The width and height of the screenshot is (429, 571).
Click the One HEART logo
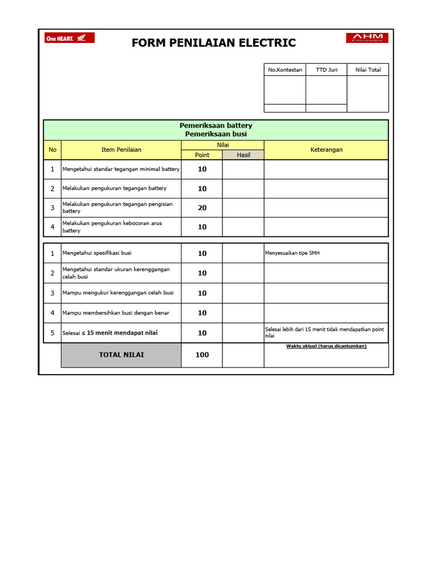point(69,38)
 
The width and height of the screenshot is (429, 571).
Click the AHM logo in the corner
point(367,38)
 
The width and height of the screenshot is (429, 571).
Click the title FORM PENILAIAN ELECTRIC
point(214,43)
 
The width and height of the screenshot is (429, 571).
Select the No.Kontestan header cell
point(285,70)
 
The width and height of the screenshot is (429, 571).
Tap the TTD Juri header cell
point(326,70)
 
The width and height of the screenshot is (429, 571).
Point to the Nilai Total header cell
point(368,70)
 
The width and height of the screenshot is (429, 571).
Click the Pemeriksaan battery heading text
point(216,125)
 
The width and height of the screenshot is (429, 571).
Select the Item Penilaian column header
point(121,149)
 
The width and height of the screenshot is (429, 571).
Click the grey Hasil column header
point(244,155)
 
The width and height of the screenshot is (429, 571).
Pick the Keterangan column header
point(326,149)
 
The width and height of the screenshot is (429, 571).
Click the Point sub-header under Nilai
point(202,155)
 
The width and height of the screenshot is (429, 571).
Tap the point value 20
point(202,207)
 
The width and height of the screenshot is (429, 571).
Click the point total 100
point(202,355)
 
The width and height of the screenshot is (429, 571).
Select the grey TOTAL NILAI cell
point(121,355)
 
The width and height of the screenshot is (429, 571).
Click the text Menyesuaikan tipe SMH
point(292,253)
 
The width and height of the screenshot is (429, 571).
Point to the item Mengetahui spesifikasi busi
point(97,253)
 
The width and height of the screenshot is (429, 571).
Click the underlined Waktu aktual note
point(326,346)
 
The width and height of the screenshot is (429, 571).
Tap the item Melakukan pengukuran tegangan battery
point(115,188)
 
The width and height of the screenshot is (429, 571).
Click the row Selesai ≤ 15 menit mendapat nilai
point(110,333)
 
